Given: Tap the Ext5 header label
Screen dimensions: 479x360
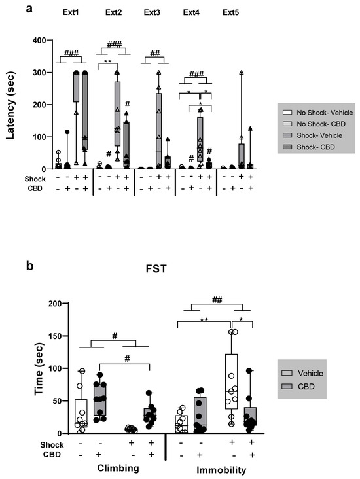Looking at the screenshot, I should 231,13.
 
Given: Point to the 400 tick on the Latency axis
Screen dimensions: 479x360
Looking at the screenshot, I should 41,41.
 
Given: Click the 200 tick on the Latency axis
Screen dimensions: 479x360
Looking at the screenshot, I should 41,105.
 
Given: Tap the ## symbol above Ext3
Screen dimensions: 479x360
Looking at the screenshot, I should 155,54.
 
